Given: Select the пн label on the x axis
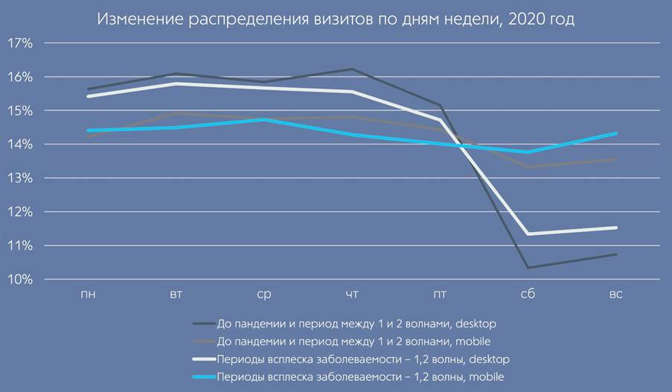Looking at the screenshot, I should click(x=88, y=295).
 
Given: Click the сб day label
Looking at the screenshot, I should click(x=528, y=295).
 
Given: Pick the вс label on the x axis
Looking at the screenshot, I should click(x=615, y=295).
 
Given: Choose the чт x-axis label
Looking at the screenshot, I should click(x=352, y=295).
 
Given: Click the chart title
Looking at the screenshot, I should click(x=336, y=19).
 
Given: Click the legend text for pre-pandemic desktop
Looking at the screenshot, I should click(x=356, y=324).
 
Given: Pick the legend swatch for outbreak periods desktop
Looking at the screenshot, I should click(x=203, y=359).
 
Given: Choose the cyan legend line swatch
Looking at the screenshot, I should click(x=203, y=377).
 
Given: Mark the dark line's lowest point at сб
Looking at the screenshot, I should click(x=528, y=268).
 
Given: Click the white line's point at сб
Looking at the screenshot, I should click(x=528, y=234).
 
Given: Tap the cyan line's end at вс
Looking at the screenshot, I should click(x=615, y=134).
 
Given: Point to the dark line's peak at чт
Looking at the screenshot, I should click(x=352, y=70).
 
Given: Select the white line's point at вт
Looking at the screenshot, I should click(x=176, y=83).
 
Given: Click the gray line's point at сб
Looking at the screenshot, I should click(x=528, y=167).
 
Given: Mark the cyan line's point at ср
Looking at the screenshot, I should click(x=263, y=120).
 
